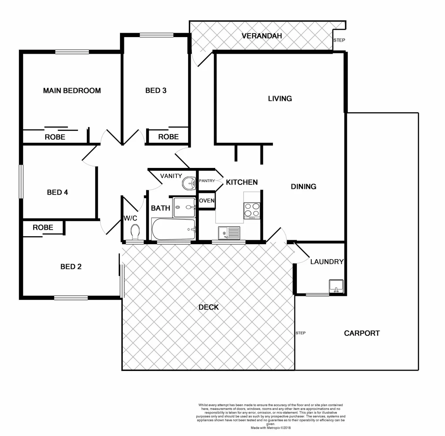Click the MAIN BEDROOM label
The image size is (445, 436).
click(x=72, y=90)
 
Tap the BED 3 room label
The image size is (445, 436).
click(x=156, y=90)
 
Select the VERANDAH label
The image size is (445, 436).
click(x=261, y=36)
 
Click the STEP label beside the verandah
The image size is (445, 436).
click(x=339, y=40)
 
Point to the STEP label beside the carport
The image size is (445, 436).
click(x=300, y=333)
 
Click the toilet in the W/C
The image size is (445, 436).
click(x=135, y=233)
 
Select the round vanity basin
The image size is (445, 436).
click(x=189, y=183)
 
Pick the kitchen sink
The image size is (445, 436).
click(x=229, y=233)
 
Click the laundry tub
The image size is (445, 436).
click(x=336, y=286)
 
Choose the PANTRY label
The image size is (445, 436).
click(x=207, y=181)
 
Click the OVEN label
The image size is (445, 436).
click(x=207, y=201)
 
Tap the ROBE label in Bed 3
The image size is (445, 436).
click(x=168, y=137)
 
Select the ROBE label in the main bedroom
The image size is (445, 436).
click(x=55, y=137)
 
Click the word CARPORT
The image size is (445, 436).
click(x=362, y=333)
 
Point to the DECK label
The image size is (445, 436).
click(x=208, y=307)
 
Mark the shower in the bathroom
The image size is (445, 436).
click(x=184, y=208)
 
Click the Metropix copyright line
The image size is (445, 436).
click(x=271, y=428)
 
